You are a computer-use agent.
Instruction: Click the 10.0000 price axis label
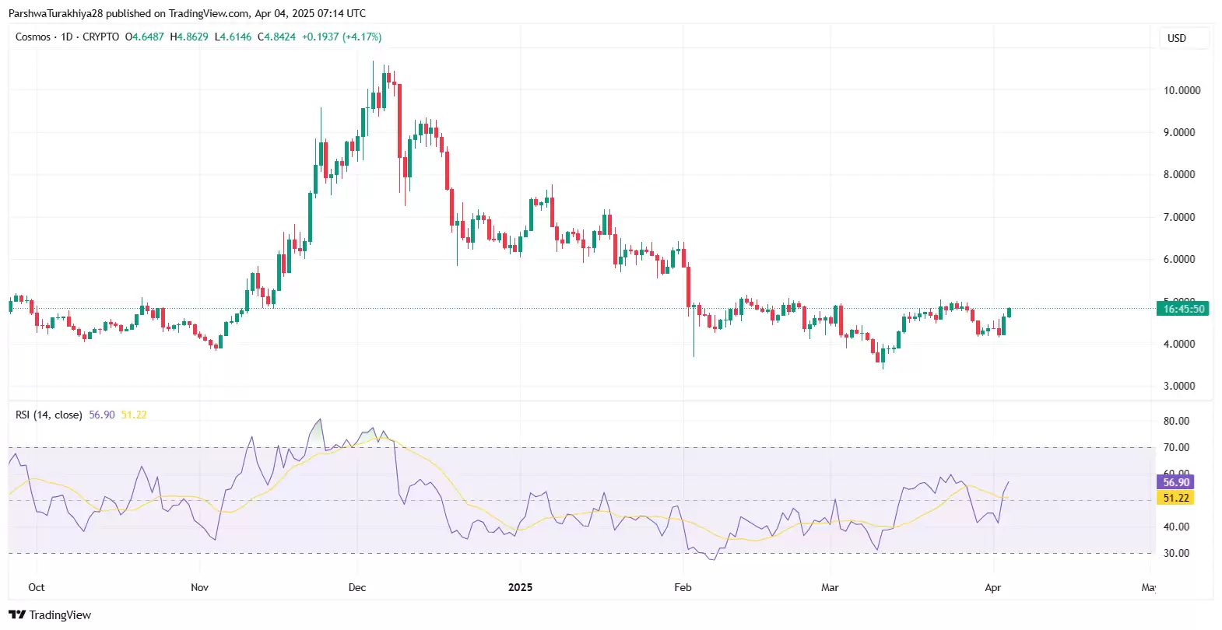(x=1181, y=90)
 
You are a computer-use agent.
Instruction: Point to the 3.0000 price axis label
(x=1179, y=386)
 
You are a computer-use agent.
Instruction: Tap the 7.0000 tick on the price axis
(x=1179, y=217)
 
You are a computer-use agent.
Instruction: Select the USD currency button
(x=1176, y=38)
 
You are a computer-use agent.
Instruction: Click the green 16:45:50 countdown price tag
(x=1182, y=309)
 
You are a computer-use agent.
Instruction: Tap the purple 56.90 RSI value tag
(x=1175, y=482)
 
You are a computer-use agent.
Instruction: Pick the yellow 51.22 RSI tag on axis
(x=1175, y=498)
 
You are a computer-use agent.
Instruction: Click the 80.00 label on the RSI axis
(x=1176, y=421)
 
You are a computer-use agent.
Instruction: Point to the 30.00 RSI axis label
(x=1176, y=553)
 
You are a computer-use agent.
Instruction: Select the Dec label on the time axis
(x=357, y=587)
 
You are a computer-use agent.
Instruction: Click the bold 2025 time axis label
(x=520, y=587)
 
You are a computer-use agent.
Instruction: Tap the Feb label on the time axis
(x=683, y=587)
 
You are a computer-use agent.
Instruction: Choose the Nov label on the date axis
(x=199, y=587)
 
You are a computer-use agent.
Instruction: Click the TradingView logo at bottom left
(x=50, y=614)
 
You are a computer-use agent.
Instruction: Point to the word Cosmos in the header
(x=33, y=37)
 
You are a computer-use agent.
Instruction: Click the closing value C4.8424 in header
(x=277, y=37)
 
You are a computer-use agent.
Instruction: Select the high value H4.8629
(x=189, y=37)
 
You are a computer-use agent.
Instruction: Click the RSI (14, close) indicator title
(x=49, y=415)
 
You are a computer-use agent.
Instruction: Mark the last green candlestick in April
(x=1009, y=312)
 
